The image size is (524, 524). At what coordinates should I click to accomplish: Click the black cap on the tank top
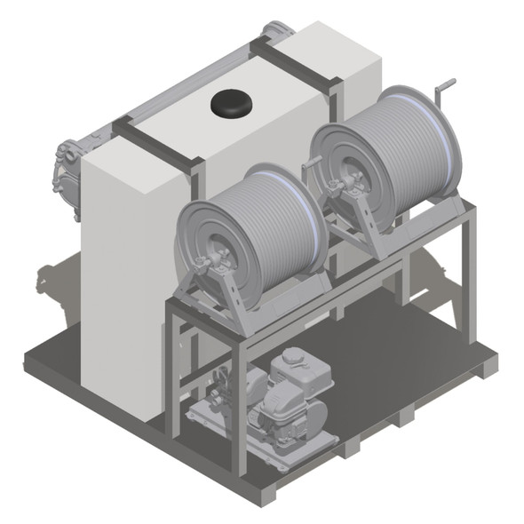tap(231, 104)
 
